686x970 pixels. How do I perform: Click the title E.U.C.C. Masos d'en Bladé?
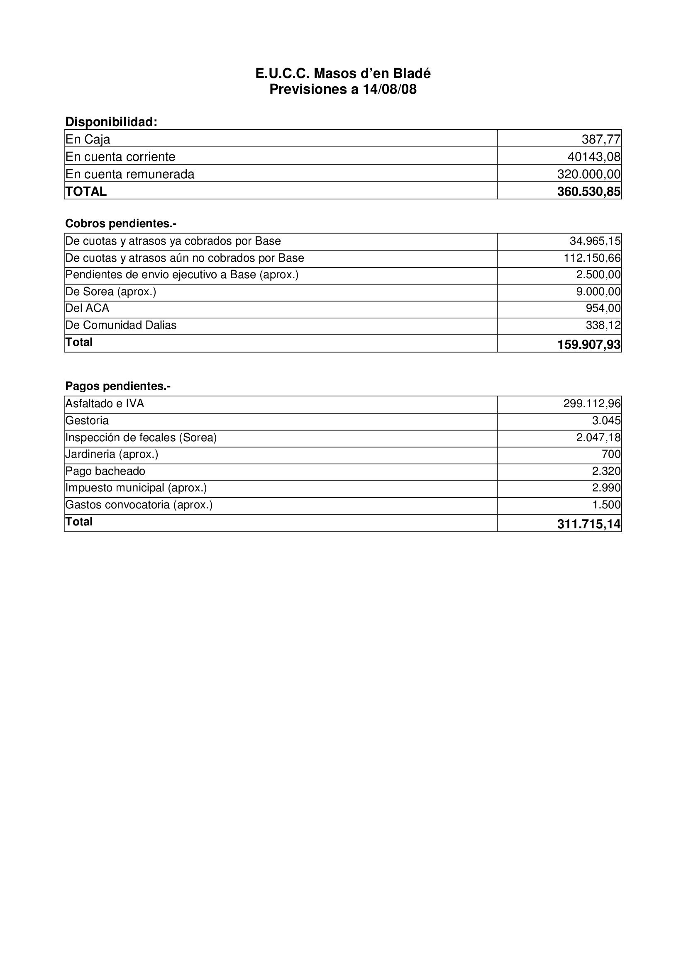(x=343, y=73)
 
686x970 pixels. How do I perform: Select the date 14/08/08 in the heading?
(x=390, y=90)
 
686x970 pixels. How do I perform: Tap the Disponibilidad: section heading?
(x=111, y=122)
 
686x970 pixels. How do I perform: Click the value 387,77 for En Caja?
(x=601, y=139)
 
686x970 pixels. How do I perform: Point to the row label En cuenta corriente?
(x=120, y=157)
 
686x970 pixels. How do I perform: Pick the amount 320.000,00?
(x=589, y=174)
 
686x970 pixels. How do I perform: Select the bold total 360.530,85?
(x=589, y=191)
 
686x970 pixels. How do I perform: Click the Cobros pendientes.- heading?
(x=120, y=223)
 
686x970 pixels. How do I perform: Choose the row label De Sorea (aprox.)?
(x=111, y=292)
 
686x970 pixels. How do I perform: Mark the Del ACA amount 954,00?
(x=603, y=309)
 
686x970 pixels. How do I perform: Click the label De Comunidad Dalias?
(x=121, y=325)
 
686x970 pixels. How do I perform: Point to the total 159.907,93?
(x=589, y=344)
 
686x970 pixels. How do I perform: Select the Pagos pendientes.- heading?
(x=118, y=386)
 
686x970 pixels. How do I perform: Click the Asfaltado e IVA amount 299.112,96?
(x=592, y=404)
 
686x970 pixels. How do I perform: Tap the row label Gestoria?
(x=87, y=421)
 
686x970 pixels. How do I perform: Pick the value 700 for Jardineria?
(x=611, y=454)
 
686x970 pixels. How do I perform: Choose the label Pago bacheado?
(x=105, y=471)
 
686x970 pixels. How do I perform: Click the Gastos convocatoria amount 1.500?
(x=606, y=504)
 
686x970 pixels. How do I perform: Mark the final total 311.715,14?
(x=589, y=524)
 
